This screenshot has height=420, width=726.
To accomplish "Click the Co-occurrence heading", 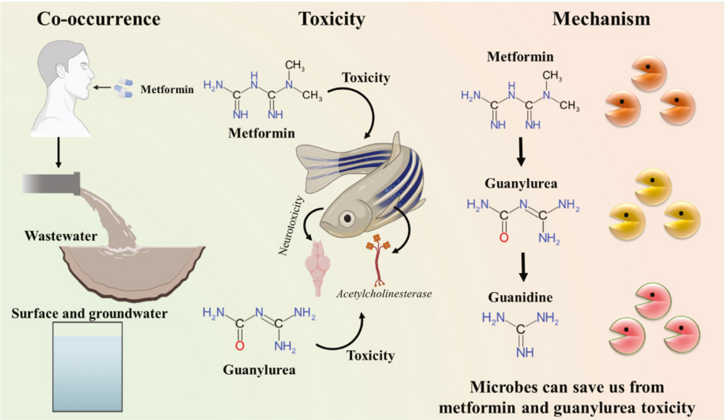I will tap(98, 19).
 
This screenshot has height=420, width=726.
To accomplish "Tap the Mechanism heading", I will tap(601, 19).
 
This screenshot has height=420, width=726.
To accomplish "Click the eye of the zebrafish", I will tap(347, 218).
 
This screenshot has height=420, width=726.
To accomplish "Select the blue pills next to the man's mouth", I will tap(123, 89).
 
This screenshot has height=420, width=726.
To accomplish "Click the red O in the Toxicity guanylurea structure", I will tap(240, 346).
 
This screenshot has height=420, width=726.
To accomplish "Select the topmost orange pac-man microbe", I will tap(648, 73).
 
